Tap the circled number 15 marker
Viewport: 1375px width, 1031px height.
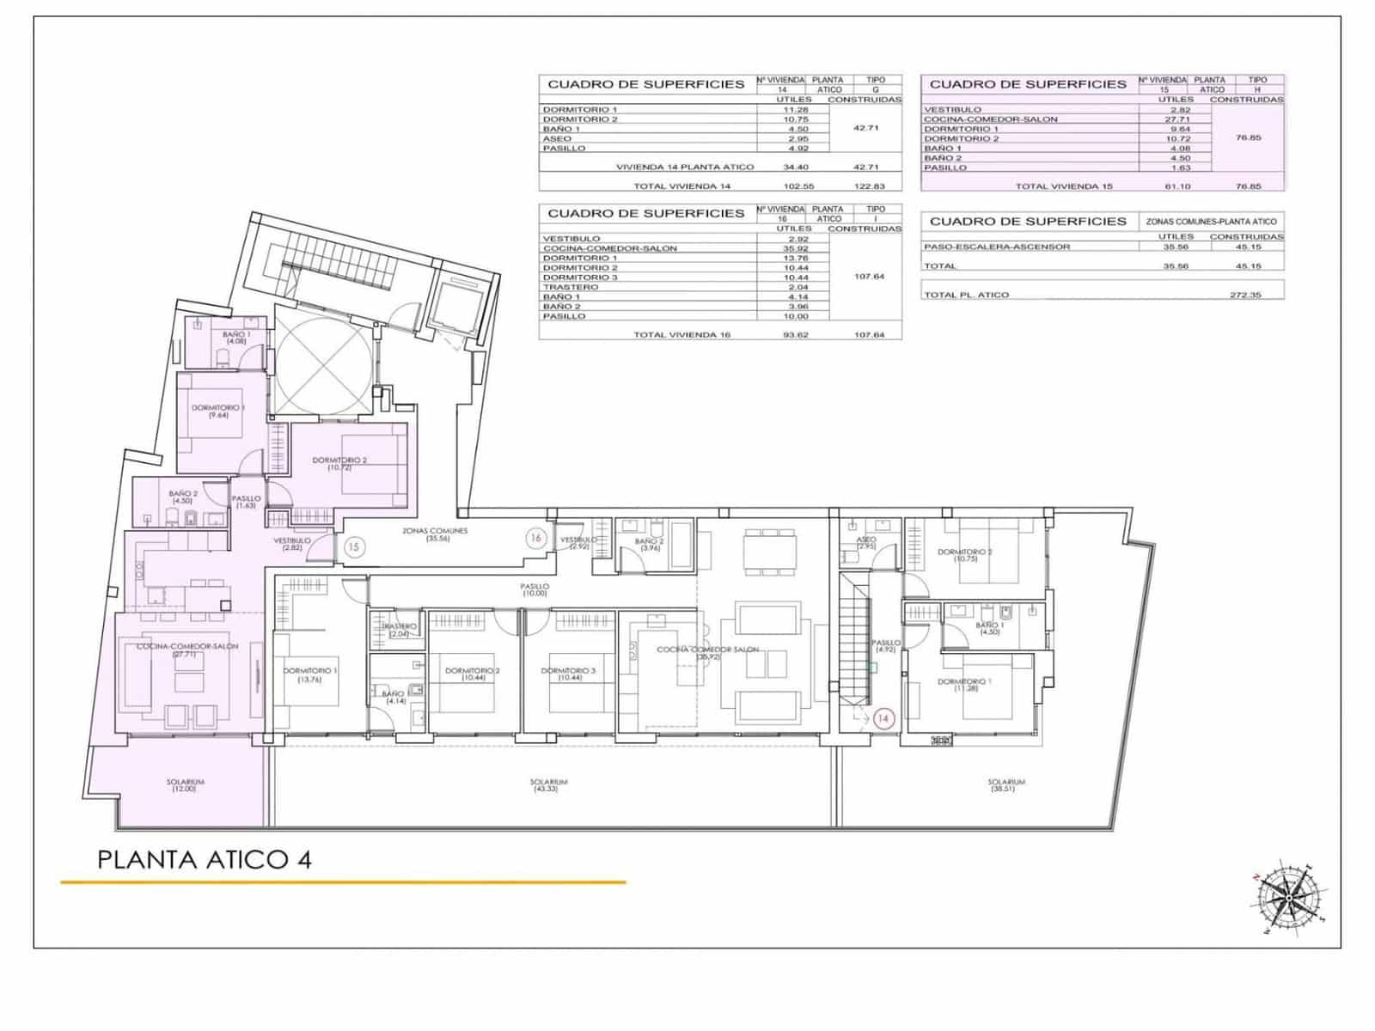352,546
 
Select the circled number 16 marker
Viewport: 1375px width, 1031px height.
536,539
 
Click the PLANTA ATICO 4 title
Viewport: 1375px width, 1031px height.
205,859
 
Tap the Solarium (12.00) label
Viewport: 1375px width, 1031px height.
185,785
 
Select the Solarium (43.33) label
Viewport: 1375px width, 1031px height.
548,785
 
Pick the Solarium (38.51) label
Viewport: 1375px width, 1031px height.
1006,785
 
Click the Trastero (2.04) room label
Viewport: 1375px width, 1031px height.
399,630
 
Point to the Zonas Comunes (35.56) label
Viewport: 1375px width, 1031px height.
436,534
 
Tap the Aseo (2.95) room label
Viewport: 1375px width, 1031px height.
866,543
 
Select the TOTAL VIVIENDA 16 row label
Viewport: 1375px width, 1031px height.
681,334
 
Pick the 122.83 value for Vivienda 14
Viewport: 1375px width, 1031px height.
863,186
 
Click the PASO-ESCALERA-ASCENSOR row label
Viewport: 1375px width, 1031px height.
997,247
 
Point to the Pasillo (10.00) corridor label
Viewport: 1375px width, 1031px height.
534,589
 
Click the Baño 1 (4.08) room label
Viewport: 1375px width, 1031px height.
236,338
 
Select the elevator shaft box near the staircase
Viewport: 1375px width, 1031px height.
455,306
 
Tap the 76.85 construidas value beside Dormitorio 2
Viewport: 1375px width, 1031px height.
1248,137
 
